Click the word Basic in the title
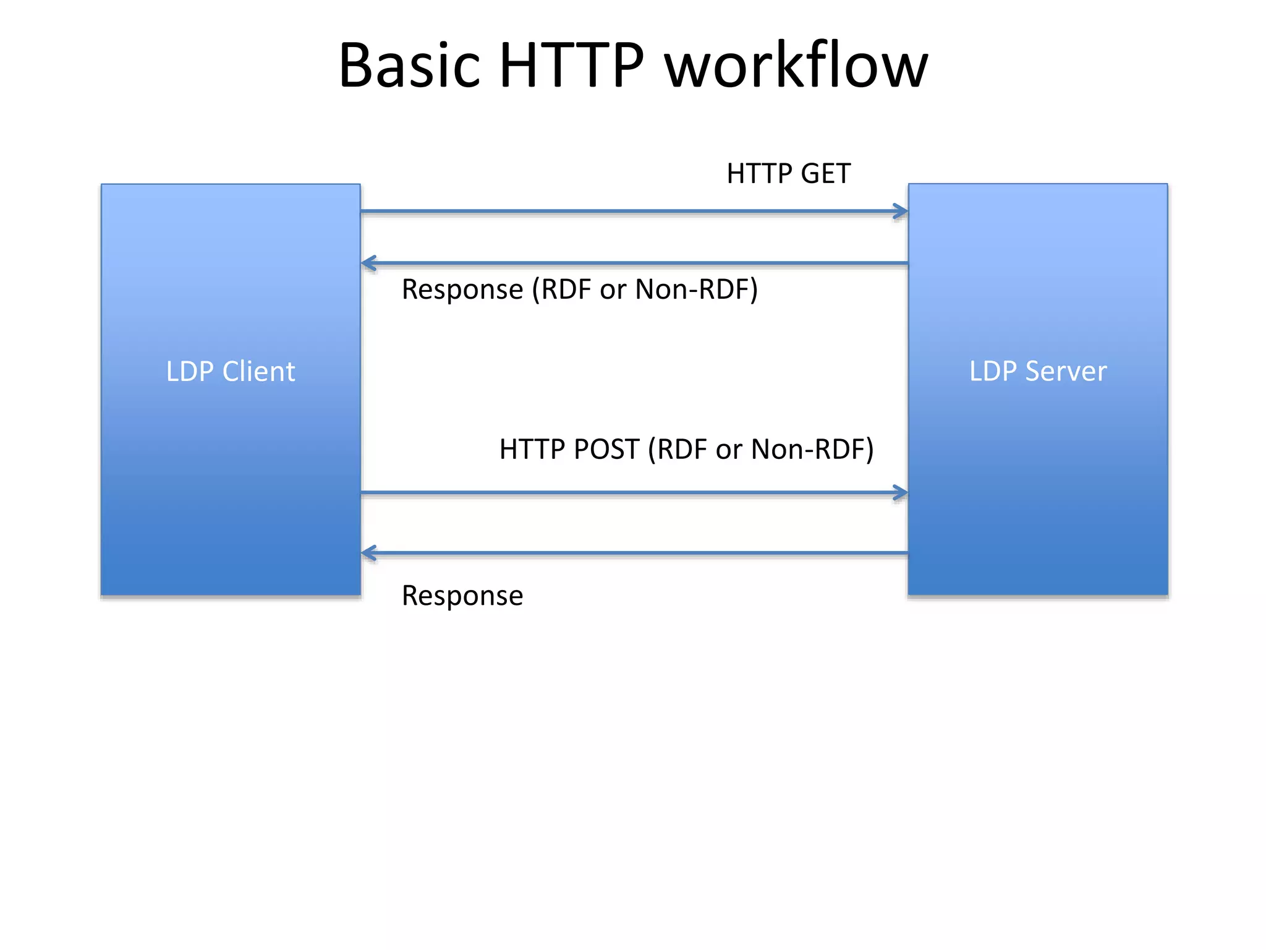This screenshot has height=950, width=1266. coord(409,66)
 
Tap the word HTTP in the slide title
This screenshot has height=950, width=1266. coord(571,66)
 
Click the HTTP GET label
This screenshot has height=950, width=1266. coord(788,174)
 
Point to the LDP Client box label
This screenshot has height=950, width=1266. coord(231,372)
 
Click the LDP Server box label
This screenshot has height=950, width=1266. coord(1038,372)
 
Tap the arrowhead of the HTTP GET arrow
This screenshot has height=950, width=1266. coord(901,212)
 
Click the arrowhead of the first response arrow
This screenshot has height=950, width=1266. coord(368,263)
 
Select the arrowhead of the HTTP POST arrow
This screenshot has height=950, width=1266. coord(901,493)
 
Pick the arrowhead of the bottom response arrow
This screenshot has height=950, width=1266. coord(368,553)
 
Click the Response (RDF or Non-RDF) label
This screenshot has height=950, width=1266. coord(579,289)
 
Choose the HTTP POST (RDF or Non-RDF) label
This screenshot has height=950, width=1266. coord(686,450)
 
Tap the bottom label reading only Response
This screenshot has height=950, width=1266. coord(462,596)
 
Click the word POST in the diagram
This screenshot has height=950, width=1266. coord(606,450)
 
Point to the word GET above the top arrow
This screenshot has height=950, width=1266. coord(826,174)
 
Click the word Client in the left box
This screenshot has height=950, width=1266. coord(258,372)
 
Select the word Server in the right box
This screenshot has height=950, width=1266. coord(1066,372)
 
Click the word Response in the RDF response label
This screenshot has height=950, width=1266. coord(462,289)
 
